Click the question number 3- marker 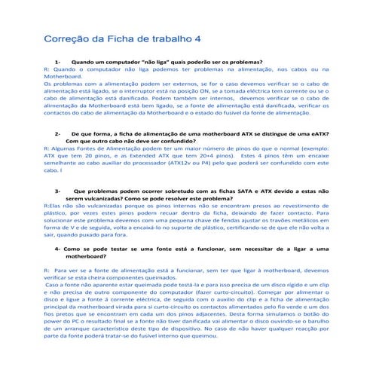[x=58, y=191]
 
